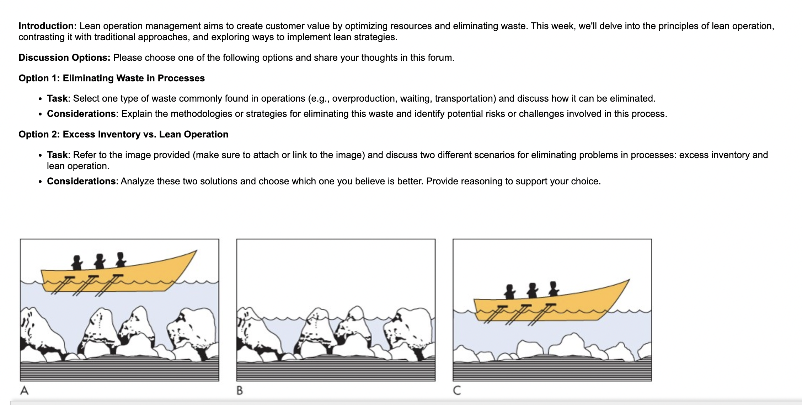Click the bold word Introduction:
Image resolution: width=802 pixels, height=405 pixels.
(47, 26)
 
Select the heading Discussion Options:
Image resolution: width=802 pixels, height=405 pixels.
(64, 58)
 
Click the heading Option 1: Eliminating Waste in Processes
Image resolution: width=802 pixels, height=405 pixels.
(112, 78)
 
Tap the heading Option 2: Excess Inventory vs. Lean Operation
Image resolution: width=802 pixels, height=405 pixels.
(123, 134)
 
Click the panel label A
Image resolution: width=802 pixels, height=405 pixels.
(24, 391)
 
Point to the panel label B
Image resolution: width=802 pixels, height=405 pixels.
(240, 391)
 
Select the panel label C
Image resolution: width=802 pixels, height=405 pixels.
(457, 391)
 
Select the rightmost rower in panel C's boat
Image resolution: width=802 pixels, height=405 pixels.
(553, 289)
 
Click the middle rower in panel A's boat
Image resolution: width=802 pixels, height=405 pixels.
(100, 261)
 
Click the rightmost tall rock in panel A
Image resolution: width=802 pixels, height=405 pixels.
(192, 329)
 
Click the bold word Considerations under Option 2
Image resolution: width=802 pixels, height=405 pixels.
(81, 181)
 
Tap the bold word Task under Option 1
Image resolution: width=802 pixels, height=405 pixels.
(57, 98)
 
